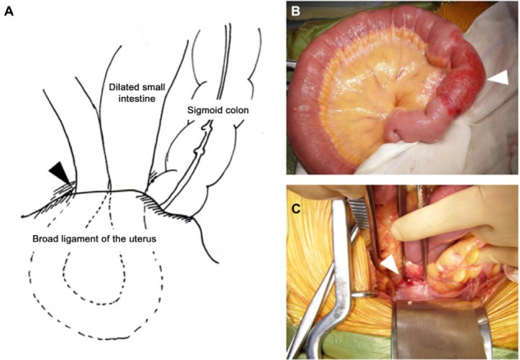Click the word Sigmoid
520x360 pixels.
pos(200,107)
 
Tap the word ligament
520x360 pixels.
pos(103,238)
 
